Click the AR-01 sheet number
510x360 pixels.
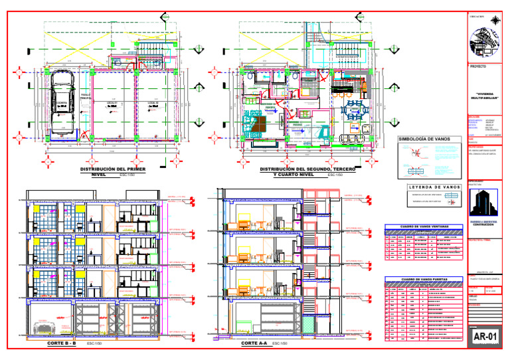point(485,337)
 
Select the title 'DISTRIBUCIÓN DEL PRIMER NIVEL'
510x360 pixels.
point(112,172)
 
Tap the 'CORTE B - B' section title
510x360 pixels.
point(62,343)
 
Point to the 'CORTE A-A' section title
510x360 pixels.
point(254,343)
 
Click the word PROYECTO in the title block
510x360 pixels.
point(477,67)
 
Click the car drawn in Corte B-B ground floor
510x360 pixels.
point(45,326)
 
